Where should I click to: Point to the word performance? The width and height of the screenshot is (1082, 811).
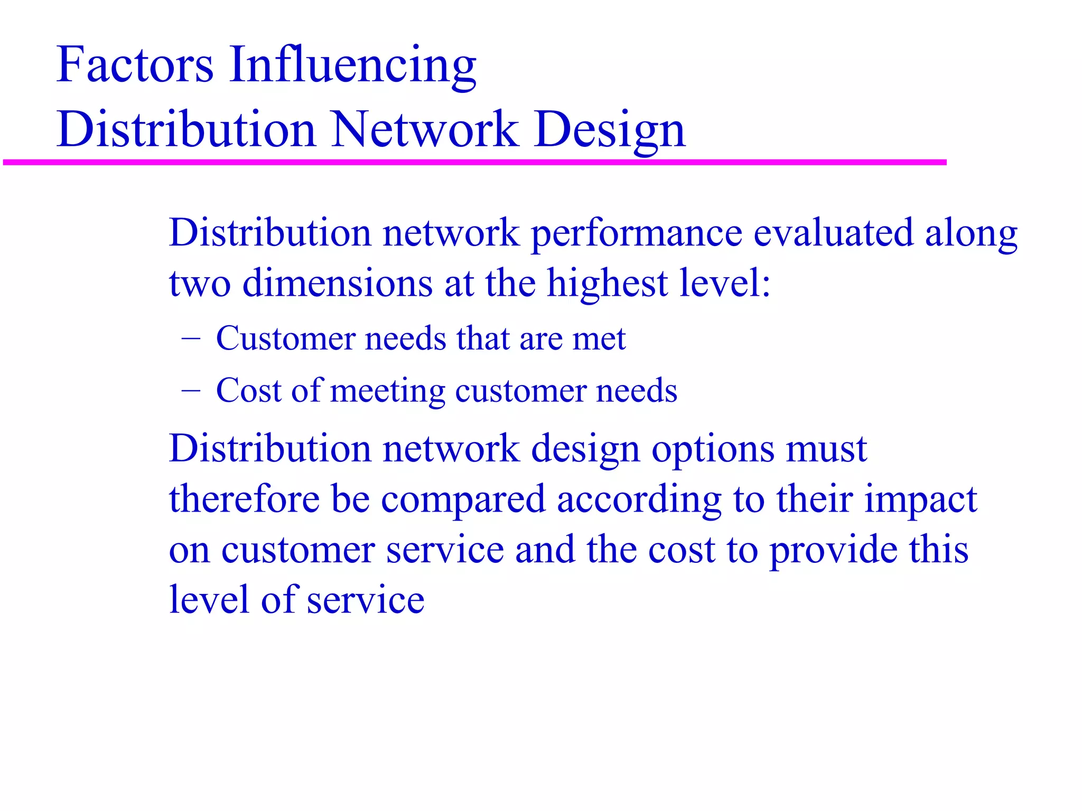pyautogui.click(x=636, y=234)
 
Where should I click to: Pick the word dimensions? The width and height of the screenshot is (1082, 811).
pyautogui.click(x=338, y=283)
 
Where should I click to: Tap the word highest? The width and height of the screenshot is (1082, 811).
pyautogui.click(x=607, y=284)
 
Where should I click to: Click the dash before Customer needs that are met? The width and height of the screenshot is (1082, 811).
pyautogui.click(x=191, y=337)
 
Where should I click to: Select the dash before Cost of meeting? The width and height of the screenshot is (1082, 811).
pyautogui.click(x=191, y=390)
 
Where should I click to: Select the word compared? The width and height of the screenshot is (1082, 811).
pyautogui.click(x=463, y=500)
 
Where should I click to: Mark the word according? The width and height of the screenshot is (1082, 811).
pyautogui.click(x=639, y=500)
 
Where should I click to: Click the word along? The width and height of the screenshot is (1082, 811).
pyautogui.click(x=971, y=234)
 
